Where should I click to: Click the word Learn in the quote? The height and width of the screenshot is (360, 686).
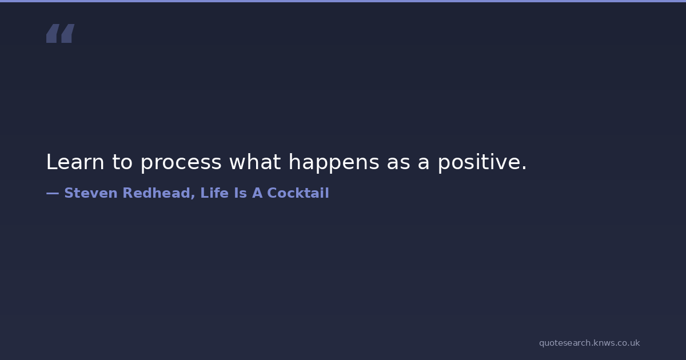[x=75, y=162]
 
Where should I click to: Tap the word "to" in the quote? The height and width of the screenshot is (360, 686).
[x=122, y=162]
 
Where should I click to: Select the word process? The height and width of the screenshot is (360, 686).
[x=181, y=164]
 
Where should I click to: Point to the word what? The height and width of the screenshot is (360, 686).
[x=255, y=162]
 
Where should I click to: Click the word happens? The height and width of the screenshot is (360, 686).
[x=334, y=163]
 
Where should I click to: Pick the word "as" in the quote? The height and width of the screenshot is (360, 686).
[x=398, y=164]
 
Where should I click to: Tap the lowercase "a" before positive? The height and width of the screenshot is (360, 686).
[x=424, y=164]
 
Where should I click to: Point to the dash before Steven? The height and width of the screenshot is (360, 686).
[x=53, y=193]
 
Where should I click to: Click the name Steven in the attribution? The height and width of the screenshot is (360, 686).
[x=91, y=193]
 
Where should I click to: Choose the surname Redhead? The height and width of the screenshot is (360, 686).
[x=156, y=193]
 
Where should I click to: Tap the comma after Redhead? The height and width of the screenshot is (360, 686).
[x=193, y=197]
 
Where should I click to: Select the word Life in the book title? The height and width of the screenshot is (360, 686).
[x=214, y=193]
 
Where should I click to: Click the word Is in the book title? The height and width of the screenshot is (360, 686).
[x=241, y=193]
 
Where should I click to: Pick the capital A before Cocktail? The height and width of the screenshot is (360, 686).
[x=257, y=193]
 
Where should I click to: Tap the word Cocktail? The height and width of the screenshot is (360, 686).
[x=298, y=193]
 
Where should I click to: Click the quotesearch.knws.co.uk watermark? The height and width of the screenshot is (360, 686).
[x=589, y=343]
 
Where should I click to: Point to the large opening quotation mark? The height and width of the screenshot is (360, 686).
[x=61, y=33]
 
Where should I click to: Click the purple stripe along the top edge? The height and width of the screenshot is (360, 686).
[x=343, y=1]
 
